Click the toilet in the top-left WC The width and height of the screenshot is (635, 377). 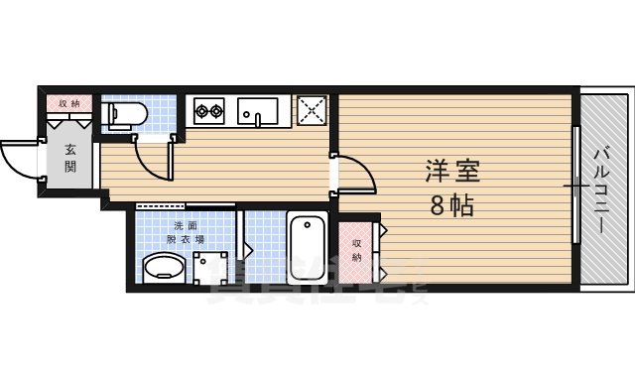pyautogui.click(x=120, y=116)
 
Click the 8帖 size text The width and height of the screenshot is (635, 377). pyautogui.click(x=451, y=206)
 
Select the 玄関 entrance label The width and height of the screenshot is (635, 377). pyautogui.click(x=71, y=158)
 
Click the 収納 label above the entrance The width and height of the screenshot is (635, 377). pyautogui.click(x=68, y=103)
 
